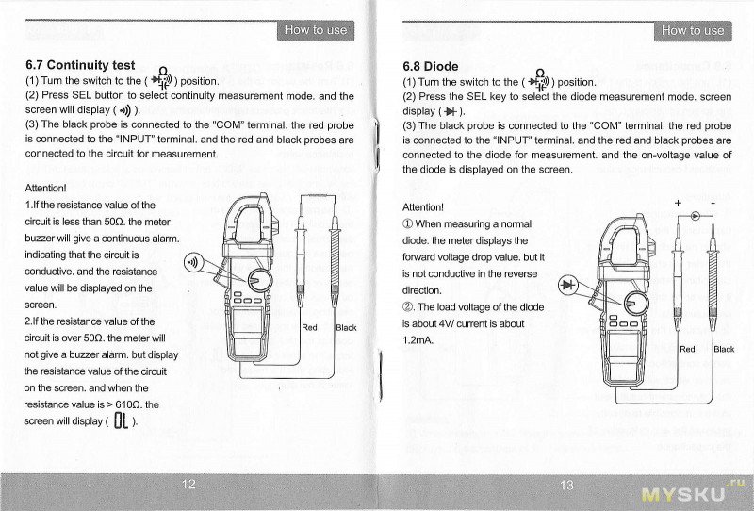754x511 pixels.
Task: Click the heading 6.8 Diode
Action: coord(430,66)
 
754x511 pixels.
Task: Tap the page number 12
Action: coord(188,485)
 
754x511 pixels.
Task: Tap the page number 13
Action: coord(565,485)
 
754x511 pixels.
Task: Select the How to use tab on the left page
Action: coord(316,30)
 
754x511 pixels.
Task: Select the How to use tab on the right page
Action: coord(693,30)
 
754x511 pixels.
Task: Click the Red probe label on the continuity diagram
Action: coord(310,327)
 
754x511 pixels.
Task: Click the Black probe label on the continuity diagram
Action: coord(346,327)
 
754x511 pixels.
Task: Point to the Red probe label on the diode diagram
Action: coord(688,349)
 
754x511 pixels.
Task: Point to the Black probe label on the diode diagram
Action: coord(724,349)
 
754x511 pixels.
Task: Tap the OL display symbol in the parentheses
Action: coord(121,420)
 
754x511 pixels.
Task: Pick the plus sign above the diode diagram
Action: coord(677,203)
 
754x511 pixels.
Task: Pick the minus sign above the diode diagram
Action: coord(713,203)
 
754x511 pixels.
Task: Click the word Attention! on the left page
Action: coord(45,188)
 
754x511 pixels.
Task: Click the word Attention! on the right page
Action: coord(422,206)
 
